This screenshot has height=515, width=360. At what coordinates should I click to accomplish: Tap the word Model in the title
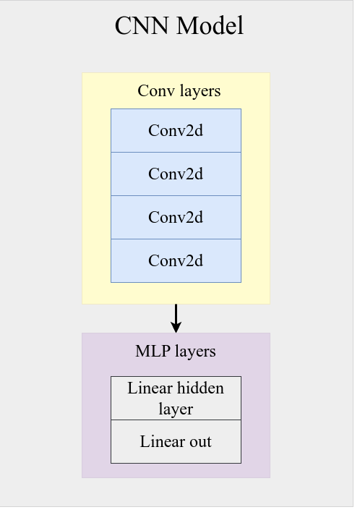210,25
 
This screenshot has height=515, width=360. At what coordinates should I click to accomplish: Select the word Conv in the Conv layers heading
156,90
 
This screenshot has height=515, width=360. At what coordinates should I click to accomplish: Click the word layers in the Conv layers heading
200,91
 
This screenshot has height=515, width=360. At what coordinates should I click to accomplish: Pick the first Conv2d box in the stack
176,130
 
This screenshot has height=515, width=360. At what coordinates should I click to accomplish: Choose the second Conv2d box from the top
176,174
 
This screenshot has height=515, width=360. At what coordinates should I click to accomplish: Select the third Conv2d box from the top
176,217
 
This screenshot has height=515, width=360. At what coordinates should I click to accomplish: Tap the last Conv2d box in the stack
176,260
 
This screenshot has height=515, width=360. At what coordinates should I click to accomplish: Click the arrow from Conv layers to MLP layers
176,318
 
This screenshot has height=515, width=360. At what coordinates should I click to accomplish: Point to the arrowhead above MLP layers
176,327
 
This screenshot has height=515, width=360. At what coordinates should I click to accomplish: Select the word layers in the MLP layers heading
196,352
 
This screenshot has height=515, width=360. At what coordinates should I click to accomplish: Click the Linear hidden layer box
176,398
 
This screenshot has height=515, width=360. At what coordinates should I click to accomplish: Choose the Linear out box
176,441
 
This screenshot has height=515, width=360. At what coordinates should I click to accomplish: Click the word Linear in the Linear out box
162,441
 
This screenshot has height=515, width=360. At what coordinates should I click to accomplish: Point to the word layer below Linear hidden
176,409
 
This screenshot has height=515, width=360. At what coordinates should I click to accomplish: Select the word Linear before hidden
150,388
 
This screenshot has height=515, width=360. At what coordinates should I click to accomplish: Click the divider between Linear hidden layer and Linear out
176,420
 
